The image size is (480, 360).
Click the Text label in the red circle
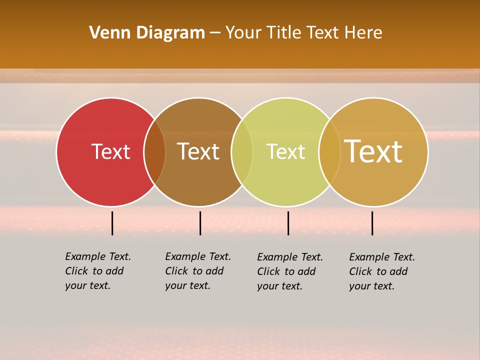click(x=110, y=151)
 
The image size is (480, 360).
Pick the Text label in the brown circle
click(x=198, y=151)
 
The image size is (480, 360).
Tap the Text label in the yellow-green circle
click(x=285, y=152)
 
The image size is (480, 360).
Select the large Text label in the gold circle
click(x=373, y=151)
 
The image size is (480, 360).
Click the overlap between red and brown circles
click(x=154, y=152)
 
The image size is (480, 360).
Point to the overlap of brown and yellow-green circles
click(x=242, y=152)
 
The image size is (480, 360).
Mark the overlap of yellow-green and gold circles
click(x=329, y=152)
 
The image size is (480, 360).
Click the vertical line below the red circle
click(x=112, y=223)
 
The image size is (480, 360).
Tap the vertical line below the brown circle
click(x=200, y=223)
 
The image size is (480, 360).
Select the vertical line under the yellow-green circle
click(x=288, y=223)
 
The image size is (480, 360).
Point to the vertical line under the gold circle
click(x=372, y=223)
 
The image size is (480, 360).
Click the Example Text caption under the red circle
click(x=98, y=271)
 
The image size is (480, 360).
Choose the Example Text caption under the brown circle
click(x=198, y=271)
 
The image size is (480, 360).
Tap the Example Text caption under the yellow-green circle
click(x=290, y=271)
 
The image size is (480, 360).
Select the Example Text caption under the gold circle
click(x=382, y=271)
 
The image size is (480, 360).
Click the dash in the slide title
click(x=215, y=33)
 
